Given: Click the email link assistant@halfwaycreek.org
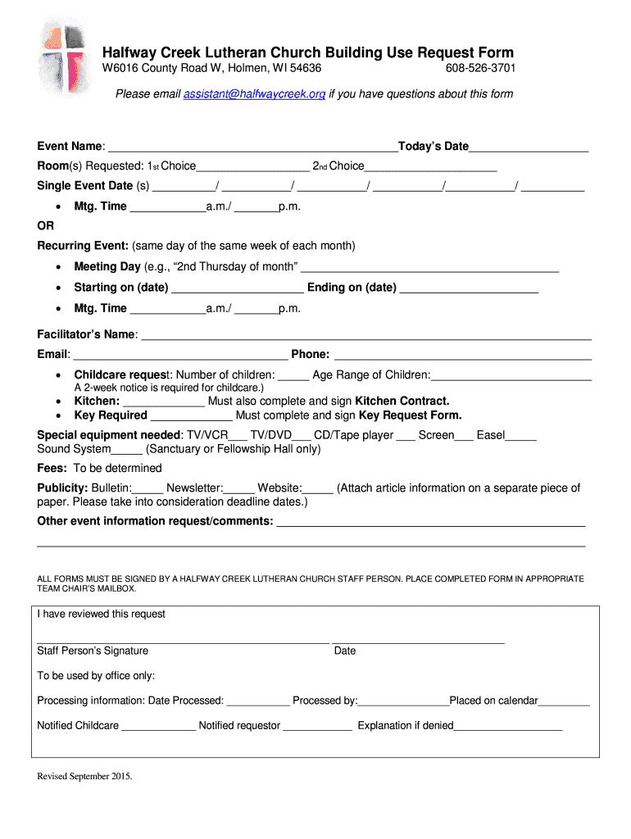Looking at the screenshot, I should [254, 94].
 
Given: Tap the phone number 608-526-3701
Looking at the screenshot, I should [480, 68].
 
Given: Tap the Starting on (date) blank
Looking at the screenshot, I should [238, 288].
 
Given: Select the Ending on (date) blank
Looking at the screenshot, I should [469, 288].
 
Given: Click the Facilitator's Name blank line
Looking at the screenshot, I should [367, 335].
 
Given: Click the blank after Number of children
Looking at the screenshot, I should [293, 376].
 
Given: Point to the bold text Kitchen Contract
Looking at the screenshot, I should [402, 401].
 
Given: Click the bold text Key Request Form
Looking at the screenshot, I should [410, 415].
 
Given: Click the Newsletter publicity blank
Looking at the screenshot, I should [238, 489].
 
